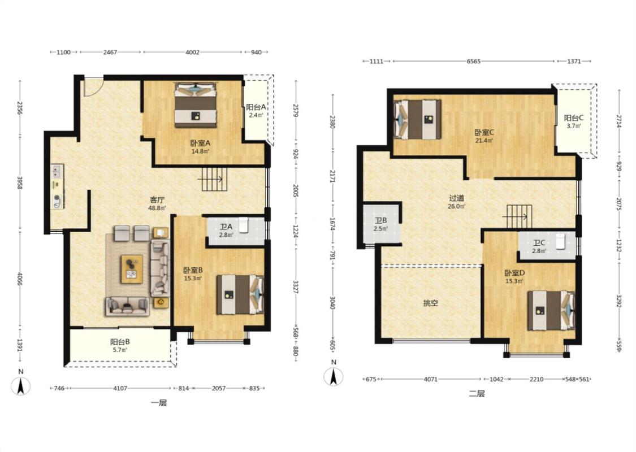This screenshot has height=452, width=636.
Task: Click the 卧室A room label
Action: pyautogui.click(x=200, y=143)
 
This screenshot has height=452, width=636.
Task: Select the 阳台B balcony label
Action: pyautogui.click(x=120, y=342)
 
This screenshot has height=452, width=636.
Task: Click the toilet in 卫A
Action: pyautogui.click(x=243, y=225)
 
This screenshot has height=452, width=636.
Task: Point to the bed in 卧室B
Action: pyautogui.click(x=240, y=295)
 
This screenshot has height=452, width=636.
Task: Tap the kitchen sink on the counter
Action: pyautogui.click(x=57, y=171)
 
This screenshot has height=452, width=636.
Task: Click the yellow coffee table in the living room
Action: pyautogui.click(x=132, y=269)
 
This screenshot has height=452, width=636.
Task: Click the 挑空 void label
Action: pyautogui.click(x=430, y=303)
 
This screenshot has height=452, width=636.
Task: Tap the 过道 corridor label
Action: pyautogui.click(x=456, y=198)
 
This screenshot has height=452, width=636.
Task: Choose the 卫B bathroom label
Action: pyautogui.click(x=380, y=220)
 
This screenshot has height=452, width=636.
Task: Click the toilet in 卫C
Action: pyautogui.click(x=560, y=241)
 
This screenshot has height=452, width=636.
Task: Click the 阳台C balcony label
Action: pyautogui.click(x=574, y=118)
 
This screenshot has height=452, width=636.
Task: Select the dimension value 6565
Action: pyautogui.click(x=473, y=61)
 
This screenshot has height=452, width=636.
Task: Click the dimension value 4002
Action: pyautogui.click(x=192, y=52)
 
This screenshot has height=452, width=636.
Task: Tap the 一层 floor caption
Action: pyautogui.click(x=159, y=403)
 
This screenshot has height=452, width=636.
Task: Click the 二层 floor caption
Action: pyautogui.click(x=477, y=394)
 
